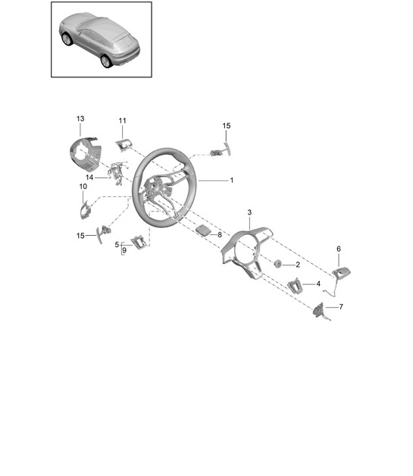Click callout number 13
80,119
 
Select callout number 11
122,121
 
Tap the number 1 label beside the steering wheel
232,180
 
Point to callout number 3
249,212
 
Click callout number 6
339,249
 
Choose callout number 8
220,235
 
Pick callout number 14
89,177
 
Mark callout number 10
83,186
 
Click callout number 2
298,265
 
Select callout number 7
341,307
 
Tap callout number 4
318,283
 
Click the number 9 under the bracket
124,251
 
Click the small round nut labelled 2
277,264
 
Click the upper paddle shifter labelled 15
221,151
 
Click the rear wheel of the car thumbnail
106,61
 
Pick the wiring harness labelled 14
117,174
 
